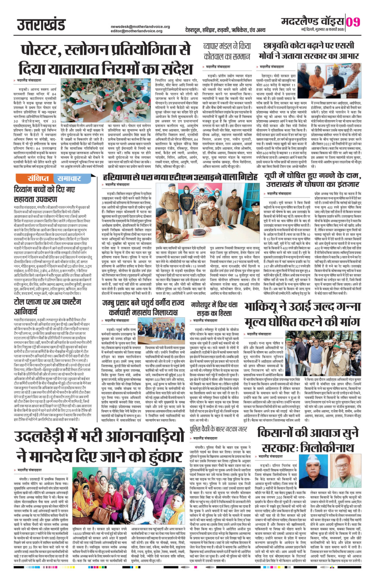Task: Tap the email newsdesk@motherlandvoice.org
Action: [141, 27]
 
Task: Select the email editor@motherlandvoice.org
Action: [138, 31]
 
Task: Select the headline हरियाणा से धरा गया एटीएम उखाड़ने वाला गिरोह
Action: [181, 176]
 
